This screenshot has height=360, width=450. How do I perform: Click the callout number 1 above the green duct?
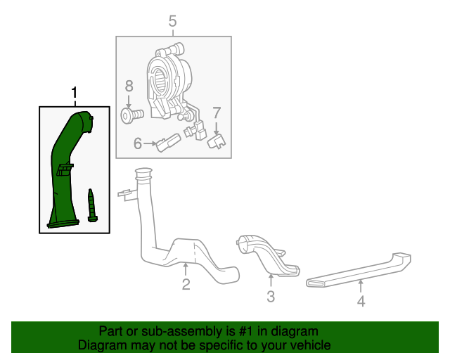75,93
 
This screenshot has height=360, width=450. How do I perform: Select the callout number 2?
186,284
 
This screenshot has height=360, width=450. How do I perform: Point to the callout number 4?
361,302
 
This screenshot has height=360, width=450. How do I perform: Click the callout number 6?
138,143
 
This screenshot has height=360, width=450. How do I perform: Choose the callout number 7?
217,112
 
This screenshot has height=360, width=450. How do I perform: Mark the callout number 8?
129,86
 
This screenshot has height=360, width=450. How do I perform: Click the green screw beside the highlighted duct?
91,205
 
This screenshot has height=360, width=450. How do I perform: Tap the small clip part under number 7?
217,142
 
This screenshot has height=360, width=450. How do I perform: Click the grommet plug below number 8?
131,114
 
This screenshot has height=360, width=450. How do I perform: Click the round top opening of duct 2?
143,172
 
